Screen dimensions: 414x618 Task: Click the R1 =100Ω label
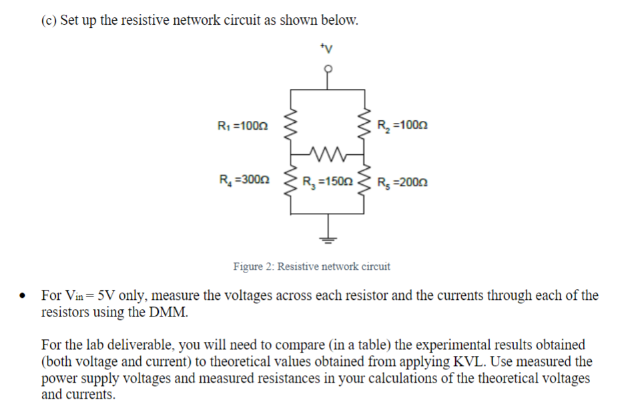(x=243, y=126)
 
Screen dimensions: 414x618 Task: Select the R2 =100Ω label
(x=402, y=126)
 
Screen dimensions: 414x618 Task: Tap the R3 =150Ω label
(x=327, y=181)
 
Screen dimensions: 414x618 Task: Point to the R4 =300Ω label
(x=244, y=180)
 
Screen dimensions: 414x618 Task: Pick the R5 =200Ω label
(x=402, y=181)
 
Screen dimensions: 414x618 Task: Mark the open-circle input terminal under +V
(x=327, y=68)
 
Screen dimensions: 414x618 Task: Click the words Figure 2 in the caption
(x=253, y=266)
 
